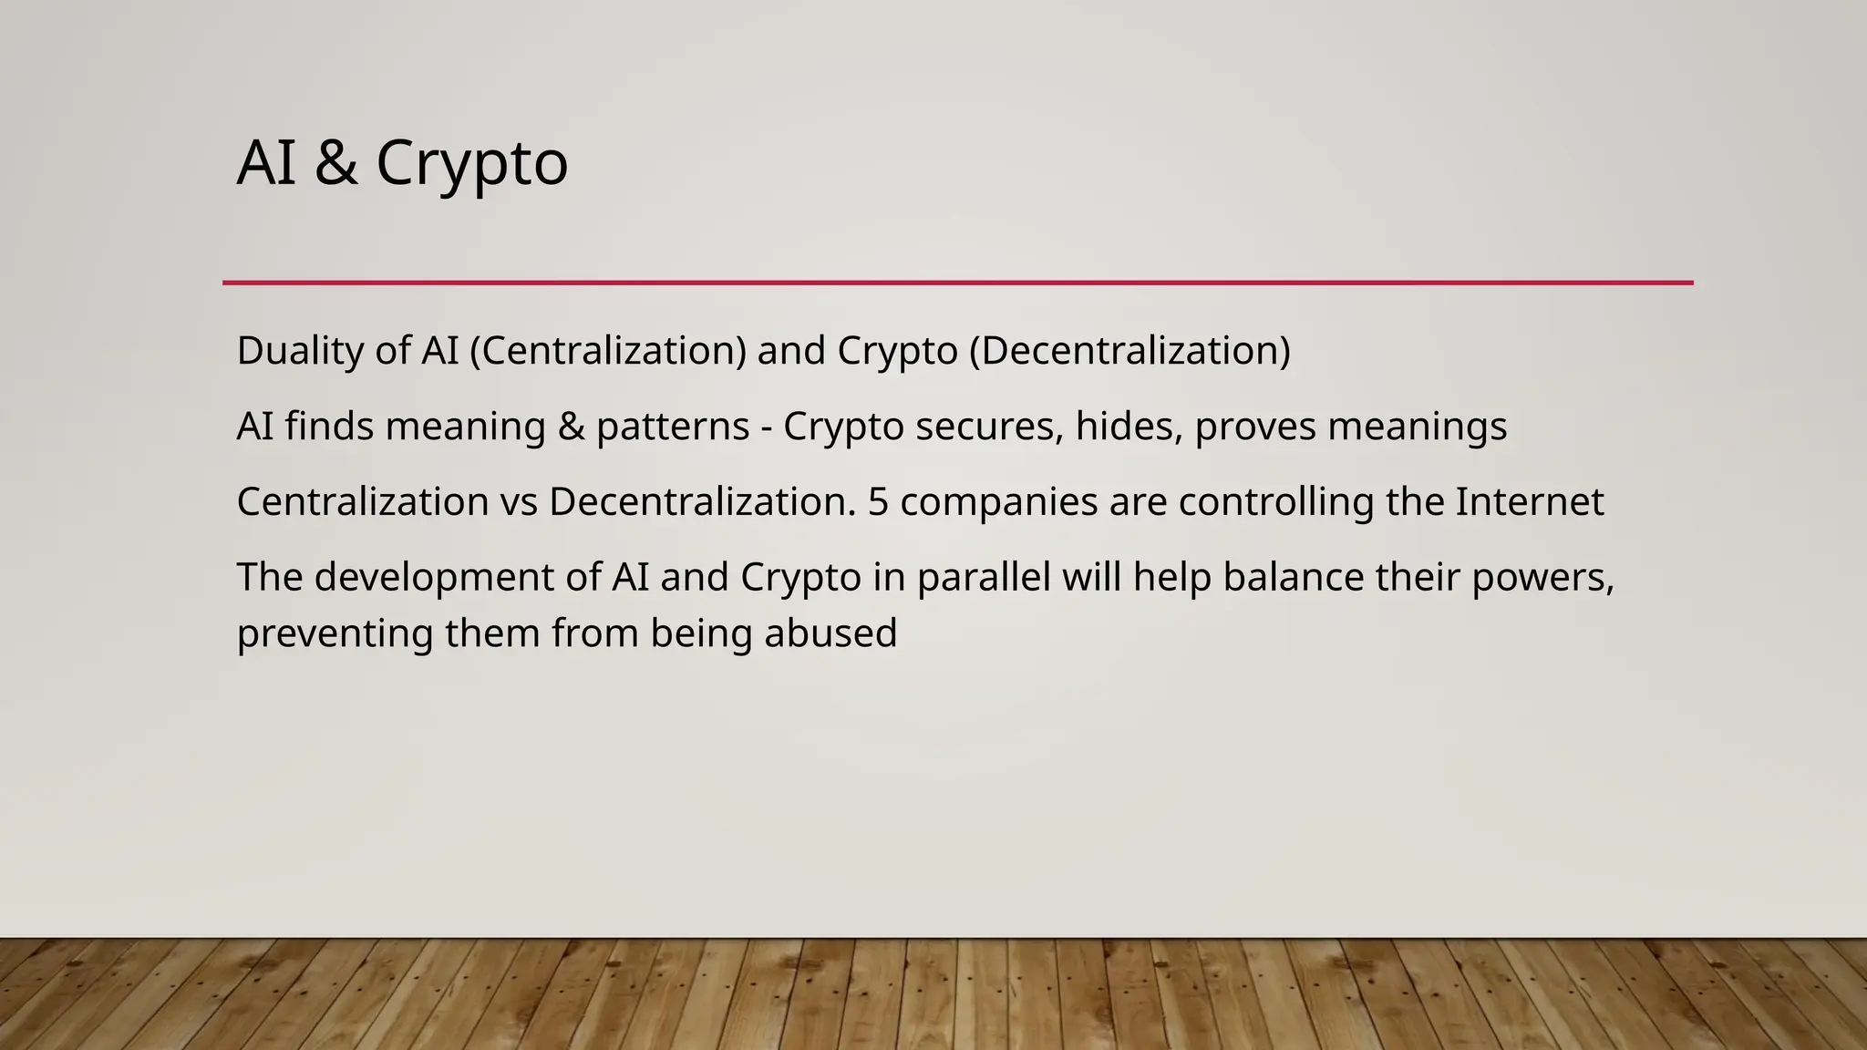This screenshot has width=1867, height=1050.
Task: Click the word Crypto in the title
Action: coord(471,164)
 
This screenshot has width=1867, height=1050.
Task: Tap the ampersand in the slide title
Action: coord(335,164)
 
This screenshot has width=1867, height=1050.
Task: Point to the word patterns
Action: coord(673,427)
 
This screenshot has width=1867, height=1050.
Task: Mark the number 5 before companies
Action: coord(878,502)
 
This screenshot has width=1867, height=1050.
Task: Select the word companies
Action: coord(999,502)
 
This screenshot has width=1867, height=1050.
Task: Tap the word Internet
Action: coord(1529,502)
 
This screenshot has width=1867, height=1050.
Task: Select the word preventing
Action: coord(335,634)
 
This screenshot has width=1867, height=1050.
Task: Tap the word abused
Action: coord(830,634)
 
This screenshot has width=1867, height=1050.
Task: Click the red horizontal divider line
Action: coord(957,283)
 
